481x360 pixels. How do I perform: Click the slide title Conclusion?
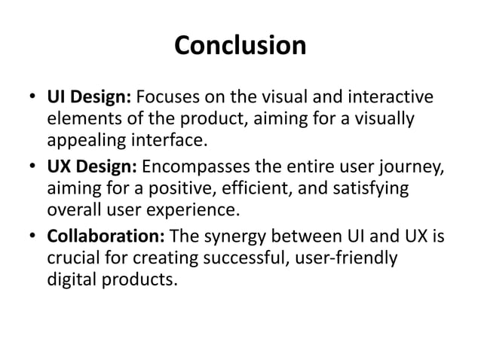(240, 46)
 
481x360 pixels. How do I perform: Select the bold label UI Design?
(90, 99)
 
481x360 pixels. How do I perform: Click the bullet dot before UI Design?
(33, 99)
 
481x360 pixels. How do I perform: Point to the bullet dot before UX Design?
(33, 169)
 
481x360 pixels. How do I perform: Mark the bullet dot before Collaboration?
(33, 239)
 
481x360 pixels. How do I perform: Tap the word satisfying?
(371, 189)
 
